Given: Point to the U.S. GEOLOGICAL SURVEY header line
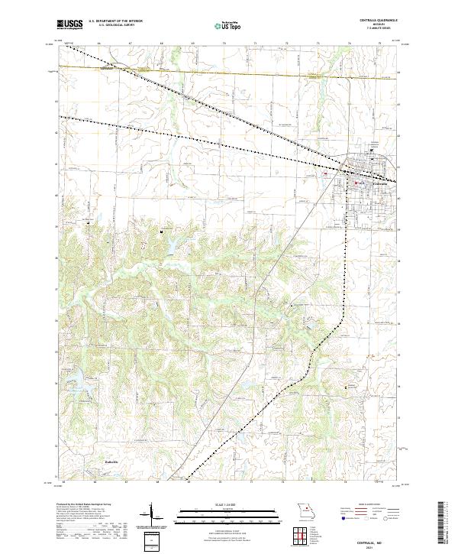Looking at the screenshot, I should tap(108, 27).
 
